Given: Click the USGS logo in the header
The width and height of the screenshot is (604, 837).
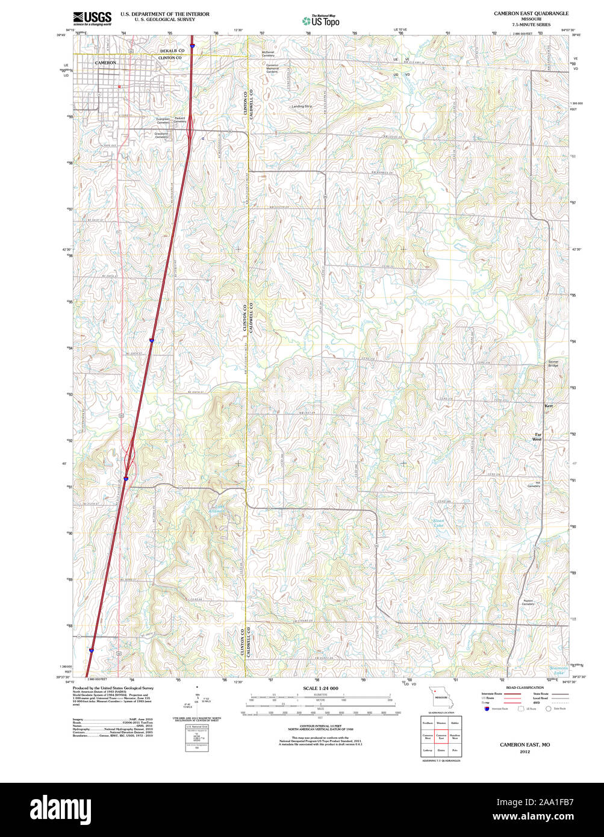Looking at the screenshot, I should pos(92,18).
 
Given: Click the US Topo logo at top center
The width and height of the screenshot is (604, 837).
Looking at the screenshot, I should pos(320,20).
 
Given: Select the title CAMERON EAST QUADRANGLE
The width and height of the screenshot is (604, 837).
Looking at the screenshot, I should pos(531,13).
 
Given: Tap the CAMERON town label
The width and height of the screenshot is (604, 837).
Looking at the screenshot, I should pos(105,63).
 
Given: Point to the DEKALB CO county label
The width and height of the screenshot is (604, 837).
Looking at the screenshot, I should pos(172,51).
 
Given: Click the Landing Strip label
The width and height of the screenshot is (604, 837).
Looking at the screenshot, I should pos(302,107).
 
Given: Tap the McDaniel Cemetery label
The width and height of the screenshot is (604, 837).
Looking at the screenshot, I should pos(268,54).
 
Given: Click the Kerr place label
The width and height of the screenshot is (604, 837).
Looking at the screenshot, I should pos(548,406).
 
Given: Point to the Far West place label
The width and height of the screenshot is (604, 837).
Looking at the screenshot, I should pos(538,437).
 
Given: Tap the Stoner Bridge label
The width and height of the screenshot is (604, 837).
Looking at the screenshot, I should pos(553,364).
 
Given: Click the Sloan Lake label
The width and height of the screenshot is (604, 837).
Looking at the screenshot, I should pos(438,523).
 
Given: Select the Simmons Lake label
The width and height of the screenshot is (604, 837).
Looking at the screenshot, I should pos(558,670).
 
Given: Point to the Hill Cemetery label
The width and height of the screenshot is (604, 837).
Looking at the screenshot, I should pos(534,484).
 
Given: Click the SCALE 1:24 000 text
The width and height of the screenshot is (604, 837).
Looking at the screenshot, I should pos(320,688).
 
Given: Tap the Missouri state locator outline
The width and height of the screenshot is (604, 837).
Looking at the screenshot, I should pos(439,697).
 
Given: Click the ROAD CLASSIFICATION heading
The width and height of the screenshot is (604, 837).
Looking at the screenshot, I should pos(525,687).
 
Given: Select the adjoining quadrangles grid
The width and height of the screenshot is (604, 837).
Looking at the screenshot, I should pos(440,736).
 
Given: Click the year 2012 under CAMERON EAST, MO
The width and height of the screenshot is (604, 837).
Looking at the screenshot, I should pos(525,751).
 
